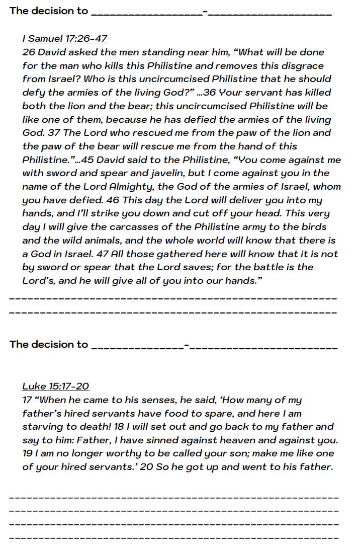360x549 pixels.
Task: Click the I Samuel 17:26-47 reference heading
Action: (x=64, y=39)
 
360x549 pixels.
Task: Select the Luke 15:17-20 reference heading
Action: (x=55, y=386)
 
